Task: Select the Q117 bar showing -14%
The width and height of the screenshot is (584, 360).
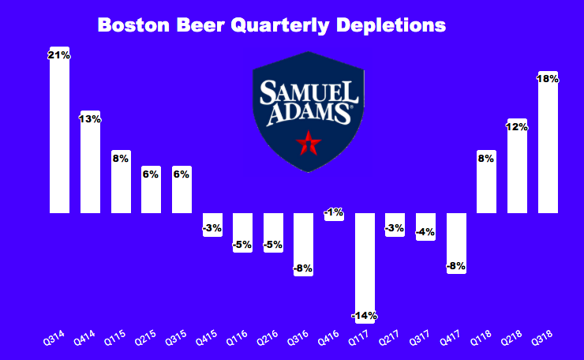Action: [x=365, y=268]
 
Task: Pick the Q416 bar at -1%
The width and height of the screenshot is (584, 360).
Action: [x=334, y=216]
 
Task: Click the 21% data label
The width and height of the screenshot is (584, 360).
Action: [x=60, y=55]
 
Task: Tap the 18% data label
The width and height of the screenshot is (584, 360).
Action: [x=548, y=79]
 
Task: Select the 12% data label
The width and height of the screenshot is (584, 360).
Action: [x=517, y=126]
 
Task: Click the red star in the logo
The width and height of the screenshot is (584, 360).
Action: [x=309, y=143]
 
